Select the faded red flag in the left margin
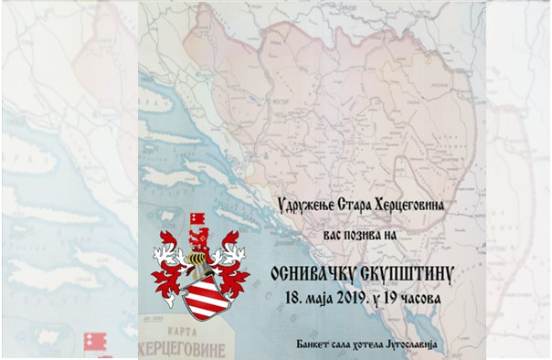[x=91, y=341]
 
